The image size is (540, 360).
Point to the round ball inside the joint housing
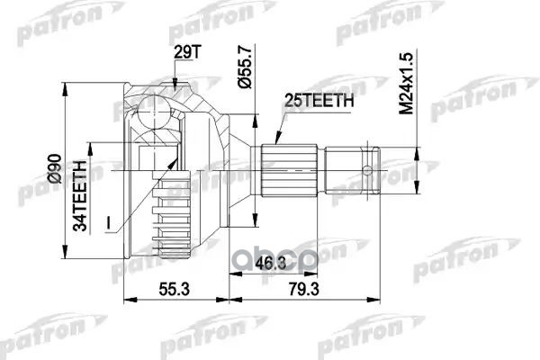[x=150, y=113]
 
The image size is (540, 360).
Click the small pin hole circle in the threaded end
[x=367, y=168]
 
